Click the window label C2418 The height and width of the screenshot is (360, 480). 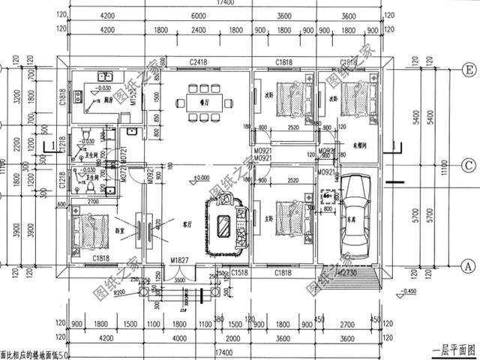coord(199,62)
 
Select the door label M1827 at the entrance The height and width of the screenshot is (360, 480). coord(178,259)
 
